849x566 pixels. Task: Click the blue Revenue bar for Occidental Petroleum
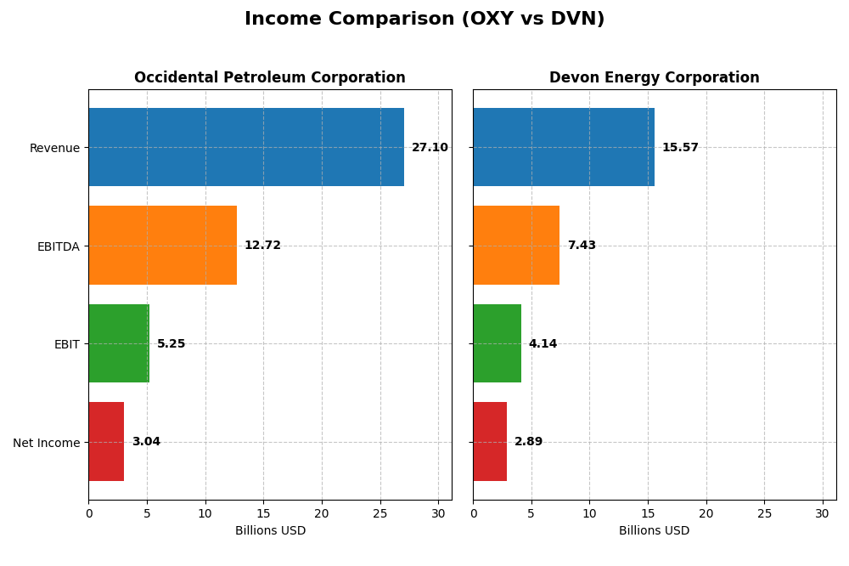tap(246, 147)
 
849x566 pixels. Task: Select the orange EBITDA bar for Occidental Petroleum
tap(162, 246)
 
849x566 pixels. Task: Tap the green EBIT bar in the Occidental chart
tap(119, 343)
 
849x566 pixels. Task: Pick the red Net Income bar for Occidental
tap(106, 442)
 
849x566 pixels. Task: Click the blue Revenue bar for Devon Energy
tap(564, 147)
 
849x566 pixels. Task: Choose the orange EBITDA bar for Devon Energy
tap(516, 246)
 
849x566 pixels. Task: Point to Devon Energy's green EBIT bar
tap(497, 343)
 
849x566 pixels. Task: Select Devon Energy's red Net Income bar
tap(490, 442)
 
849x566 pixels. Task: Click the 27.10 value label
tap(430, 148)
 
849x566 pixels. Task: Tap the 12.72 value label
tap(262, 246)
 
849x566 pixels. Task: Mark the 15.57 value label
tap(680, 148)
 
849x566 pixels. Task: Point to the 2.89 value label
tap(528, 442)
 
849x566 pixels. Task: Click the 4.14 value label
tap(543, 344)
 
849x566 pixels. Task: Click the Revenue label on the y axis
tap(54, 148)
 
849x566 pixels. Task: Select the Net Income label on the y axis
tap(46, 443)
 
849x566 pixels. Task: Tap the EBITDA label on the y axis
tap(58, 246)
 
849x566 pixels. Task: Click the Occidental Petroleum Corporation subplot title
tap(270, 77)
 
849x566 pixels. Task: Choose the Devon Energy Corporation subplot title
tap(654, 77)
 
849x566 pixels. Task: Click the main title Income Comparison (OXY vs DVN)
tap(424, 19)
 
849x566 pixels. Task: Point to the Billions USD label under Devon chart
tap(654, 530)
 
